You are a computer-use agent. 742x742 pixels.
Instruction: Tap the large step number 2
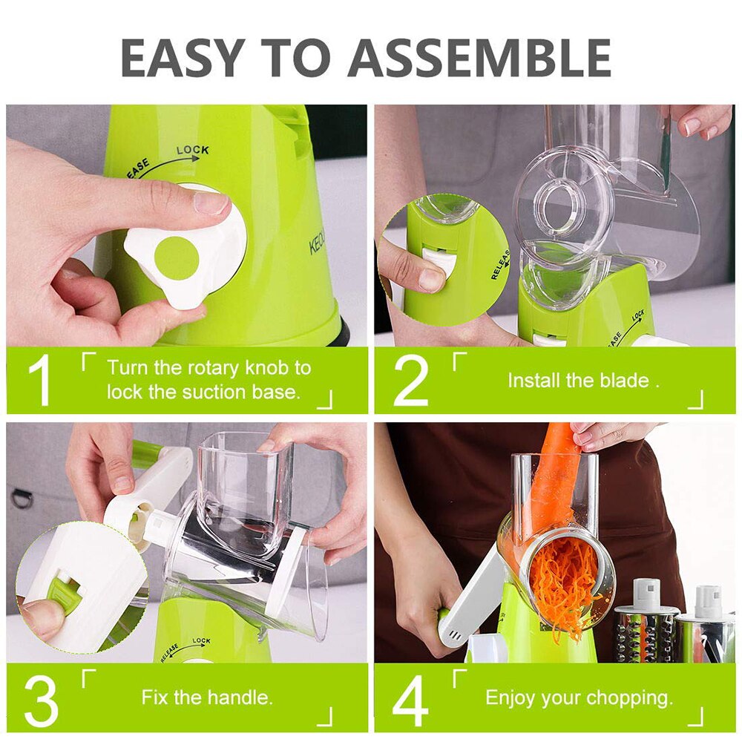pyautogui.click(x=410, y=381)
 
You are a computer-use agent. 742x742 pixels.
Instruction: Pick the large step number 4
pyautogui.click(x=410, y=699)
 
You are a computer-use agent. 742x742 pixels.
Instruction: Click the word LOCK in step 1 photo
pyautogui.click(x=192, y=151)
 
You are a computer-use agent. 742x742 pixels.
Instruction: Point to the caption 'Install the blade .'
pyautogui.click(x=583, y=381)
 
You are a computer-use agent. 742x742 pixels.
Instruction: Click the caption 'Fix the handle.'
pyautogui.click(x=207, y=697)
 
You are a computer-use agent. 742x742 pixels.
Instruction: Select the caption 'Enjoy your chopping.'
pyautogui.click(x=579, y=697)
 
